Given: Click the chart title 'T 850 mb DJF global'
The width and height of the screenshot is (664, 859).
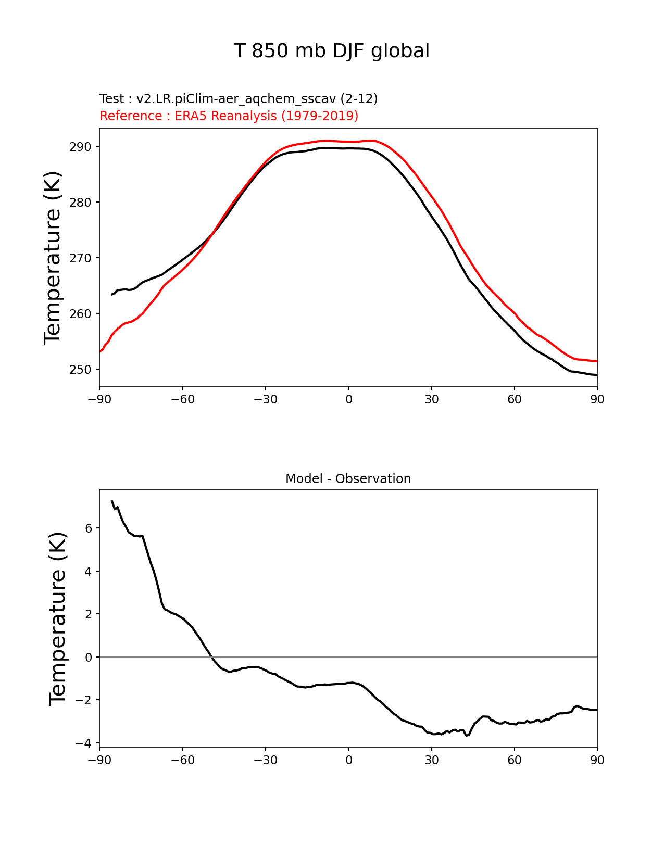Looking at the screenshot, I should point(332,51).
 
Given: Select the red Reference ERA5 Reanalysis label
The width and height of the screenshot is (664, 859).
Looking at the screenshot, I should point(229,116).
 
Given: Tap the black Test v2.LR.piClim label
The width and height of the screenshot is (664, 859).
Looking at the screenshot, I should point(239,99).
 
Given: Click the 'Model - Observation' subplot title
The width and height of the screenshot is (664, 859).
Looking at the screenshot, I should point(348,479).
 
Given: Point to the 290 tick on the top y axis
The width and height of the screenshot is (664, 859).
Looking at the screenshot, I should point(80,147).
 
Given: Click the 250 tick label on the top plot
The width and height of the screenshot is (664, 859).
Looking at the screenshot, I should point(80,370).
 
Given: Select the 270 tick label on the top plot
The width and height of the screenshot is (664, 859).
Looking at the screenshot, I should point(80,258).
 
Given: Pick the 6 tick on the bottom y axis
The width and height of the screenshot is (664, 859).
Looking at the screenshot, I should point(89,528).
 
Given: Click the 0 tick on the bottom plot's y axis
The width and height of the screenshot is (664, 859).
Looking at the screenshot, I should point(89,658).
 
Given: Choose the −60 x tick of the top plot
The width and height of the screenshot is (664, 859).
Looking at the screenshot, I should point(182,399).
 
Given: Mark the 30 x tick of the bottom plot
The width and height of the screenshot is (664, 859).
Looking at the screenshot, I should point(431,761).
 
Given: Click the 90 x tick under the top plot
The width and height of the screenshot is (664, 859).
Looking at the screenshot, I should point(597,399).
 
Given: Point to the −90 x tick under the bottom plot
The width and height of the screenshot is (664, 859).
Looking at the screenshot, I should point(99,761).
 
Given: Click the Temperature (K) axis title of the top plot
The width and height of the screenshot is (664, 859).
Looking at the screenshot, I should point(53,258).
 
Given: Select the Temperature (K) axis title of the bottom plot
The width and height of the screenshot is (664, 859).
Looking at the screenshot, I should point(58,619).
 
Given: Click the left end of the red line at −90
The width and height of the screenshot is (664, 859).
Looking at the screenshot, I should point(100,352).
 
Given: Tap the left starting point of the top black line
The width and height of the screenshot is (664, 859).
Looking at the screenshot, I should point(112,295).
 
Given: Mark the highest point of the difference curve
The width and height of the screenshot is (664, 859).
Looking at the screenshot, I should point(112,501).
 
